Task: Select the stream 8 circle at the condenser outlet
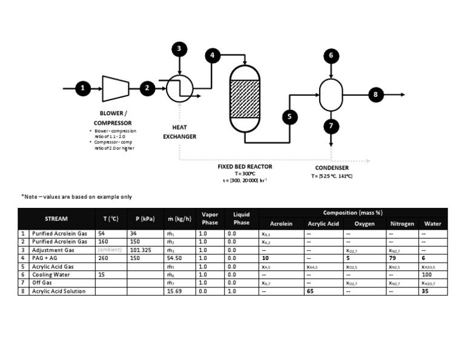click(375, 95)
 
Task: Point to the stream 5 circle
click(289, 117)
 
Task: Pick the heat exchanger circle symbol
click(180, 89)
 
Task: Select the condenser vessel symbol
click(331, 94)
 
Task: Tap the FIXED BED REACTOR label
click(245, 166)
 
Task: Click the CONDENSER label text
click(332, 168)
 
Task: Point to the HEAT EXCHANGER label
click(180, 132)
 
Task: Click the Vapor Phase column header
click(209, 218)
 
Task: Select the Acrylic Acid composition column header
click(323, 224)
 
